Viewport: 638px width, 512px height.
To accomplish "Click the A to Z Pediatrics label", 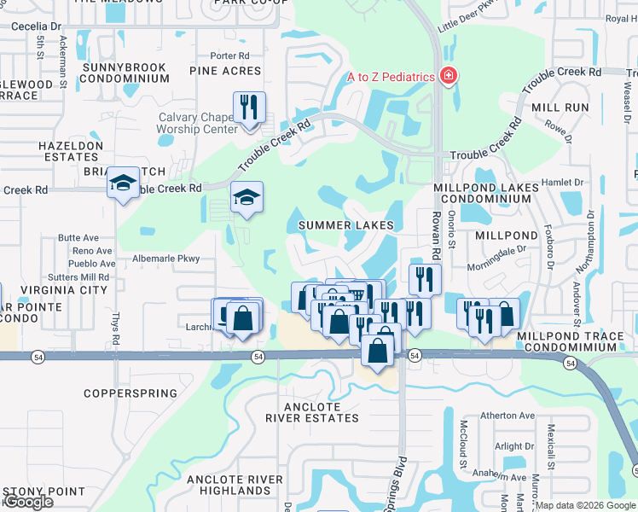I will [391, 77].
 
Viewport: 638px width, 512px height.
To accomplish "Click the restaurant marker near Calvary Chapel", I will [249, 108].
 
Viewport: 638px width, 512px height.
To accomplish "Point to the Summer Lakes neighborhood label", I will [346, 225].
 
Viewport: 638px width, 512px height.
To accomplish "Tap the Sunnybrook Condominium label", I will [125, 72].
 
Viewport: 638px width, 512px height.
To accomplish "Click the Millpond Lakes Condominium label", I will [488, 193].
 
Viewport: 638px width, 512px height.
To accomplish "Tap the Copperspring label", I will [130, 394].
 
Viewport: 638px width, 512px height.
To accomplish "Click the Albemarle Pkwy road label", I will [165, 258].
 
